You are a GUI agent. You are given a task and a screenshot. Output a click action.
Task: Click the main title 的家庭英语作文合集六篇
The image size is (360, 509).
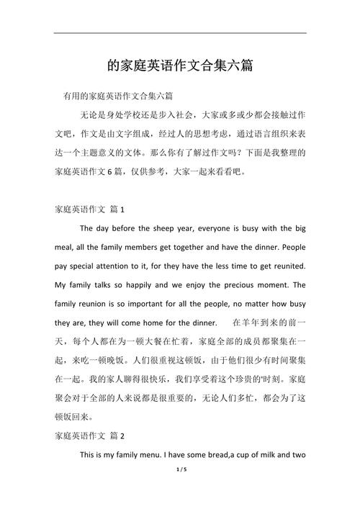pyautogui.click(x=180, y=66)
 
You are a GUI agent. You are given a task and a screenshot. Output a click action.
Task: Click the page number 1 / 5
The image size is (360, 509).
pyautogui.click(x=180, y=489)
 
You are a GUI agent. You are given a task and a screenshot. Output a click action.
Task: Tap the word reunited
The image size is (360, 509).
pyautogui.click(x=287, y=266)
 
